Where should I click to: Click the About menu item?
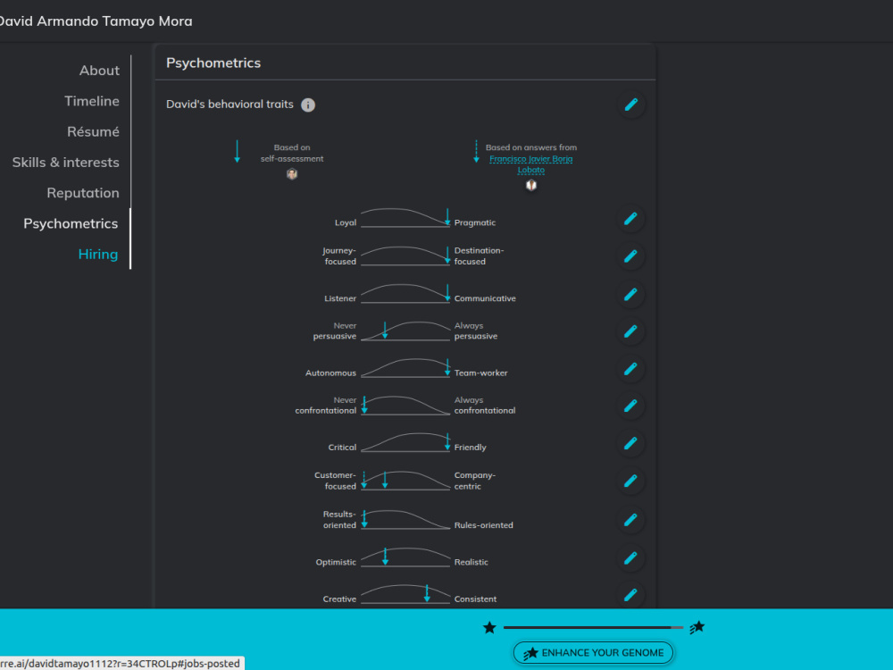pos(99,70)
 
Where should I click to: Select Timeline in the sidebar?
pos(92,101)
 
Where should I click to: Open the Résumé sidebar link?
pos(93,131)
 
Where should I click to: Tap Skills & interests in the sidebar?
pos(65,163)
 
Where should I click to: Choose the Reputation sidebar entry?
pos(83,193)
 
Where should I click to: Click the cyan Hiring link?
pos(98,254)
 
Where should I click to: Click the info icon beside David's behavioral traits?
pos(308,105)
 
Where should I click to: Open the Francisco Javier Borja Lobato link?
pos(530,164)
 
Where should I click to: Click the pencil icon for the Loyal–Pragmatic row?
pos(630,219)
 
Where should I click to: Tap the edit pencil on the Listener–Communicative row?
pos(630,294)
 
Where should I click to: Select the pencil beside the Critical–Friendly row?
pos(630,443)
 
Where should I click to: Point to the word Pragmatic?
pos(475,222)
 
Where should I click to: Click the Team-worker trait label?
pos(480,373)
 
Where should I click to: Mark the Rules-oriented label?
pos(483,525)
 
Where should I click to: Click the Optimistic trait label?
pos(336,562)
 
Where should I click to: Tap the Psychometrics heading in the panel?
pos(213,63)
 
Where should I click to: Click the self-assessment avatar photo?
pos(292,174)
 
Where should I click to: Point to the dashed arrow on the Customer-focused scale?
pos(364,480)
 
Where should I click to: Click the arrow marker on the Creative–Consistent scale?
pos(427,593)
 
